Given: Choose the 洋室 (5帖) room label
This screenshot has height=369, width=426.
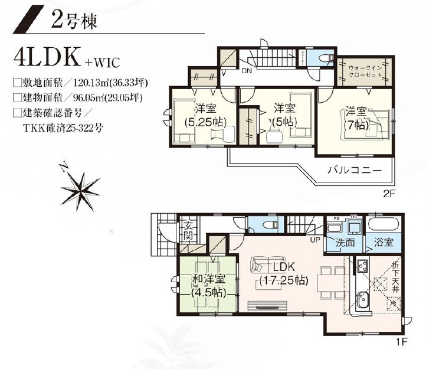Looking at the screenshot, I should [284, 115].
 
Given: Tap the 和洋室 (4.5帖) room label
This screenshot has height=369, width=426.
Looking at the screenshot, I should [207, 286].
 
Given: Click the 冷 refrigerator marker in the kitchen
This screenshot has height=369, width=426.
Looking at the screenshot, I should [392, 302].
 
